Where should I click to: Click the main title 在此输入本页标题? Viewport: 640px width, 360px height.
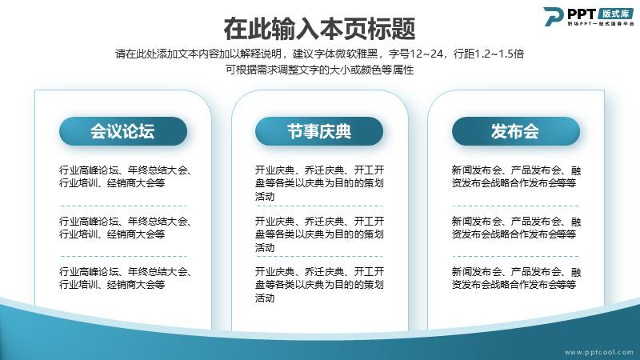click(319, 29)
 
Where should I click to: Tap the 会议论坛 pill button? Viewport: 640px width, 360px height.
click(123, 131)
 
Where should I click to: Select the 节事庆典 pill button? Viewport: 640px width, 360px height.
click(319, 131)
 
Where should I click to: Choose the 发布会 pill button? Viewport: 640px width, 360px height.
click(515, 131)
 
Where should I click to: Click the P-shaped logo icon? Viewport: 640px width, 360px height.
click(554, 17)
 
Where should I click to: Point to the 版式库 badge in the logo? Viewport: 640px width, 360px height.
click(616, 14)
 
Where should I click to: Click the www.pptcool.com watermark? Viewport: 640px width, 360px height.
click(598, 352)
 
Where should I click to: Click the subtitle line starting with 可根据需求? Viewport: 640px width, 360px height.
click(319, 70)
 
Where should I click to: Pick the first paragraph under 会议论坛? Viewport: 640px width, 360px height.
click(126, 176)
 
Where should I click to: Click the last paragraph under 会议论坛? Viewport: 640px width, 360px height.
click(126, 278)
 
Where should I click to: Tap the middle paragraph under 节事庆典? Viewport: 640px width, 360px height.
click(319, 234)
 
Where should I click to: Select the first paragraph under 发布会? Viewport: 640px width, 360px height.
click(516, 176)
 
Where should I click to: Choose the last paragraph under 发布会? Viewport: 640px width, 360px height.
click(516, 278)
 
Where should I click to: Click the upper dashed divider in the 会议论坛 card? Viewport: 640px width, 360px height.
click(124, 206)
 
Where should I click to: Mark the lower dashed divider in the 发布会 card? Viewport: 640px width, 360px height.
click(516, 256)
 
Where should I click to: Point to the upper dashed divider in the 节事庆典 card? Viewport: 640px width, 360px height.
click(319, 206)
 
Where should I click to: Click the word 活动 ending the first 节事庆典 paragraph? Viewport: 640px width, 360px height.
click(265, 196)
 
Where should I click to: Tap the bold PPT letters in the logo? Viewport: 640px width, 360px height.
click(582, 14)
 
